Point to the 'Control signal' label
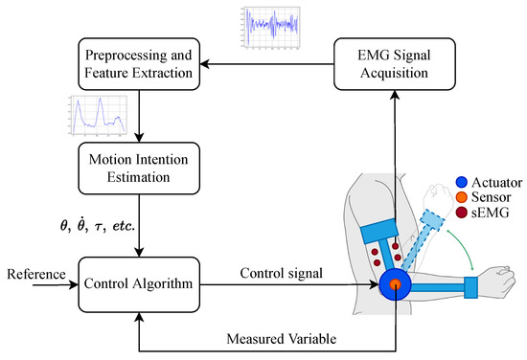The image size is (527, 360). (x=282, y=273)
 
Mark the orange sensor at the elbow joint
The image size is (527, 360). (x=396, y=284)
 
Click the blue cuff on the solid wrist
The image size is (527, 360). (x=472, y=284)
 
